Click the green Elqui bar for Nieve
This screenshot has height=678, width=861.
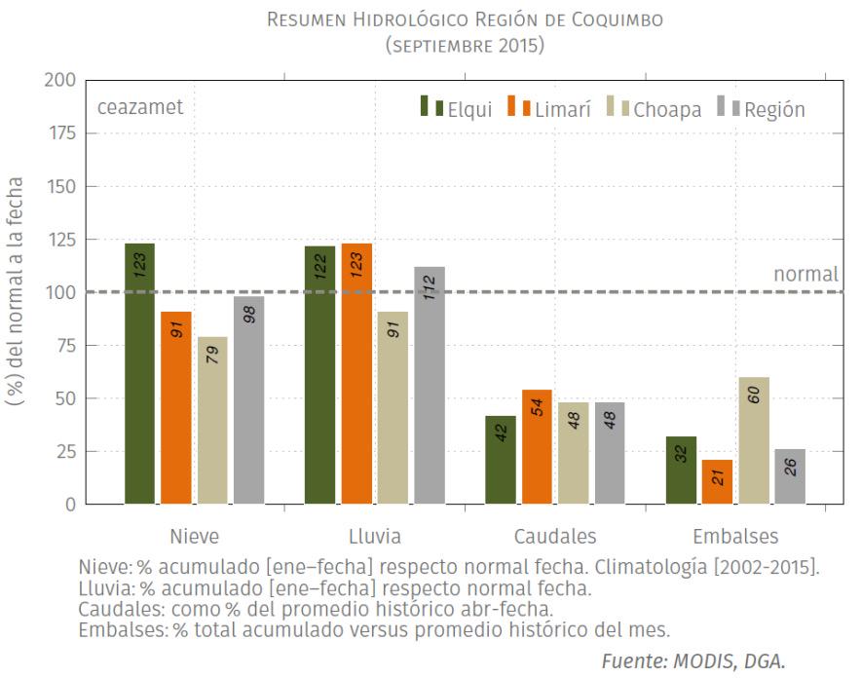point(139,373)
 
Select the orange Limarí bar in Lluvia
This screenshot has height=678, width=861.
point(356,373)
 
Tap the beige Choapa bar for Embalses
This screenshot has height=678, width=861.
point(754,440)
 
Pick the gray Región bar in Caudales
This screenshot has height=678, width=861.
point(610,453)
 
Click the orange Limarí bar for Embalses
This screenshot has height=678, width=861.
point(717,481)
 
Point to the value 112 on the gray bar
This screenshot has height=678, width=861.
point(430,287)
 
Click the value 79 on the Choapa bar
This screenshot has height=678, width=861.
point(212,355)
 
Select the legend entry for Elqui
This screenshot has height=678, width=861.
point(456,107)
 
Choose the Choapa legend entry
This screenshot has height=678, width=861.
point(654,107)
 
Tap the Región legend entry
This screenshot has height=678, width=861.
point(761,107)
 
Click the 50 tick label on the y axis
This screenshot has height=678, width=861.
point(65,398)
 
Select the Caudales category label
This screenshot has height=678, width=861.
point(555,536)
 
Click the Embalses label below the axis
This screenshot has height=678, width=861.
point(735,536)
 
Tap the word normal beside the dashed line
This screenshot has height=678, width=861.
point(806,274)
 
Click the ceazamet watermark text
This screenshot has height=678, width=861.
point(140,106)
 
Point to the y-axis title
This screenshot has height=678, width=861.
point(15,291)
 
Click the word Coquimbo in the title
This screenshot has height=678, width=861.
point(618,19)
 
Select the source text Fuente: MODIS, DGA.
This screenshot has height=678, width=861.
point(693,661)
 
